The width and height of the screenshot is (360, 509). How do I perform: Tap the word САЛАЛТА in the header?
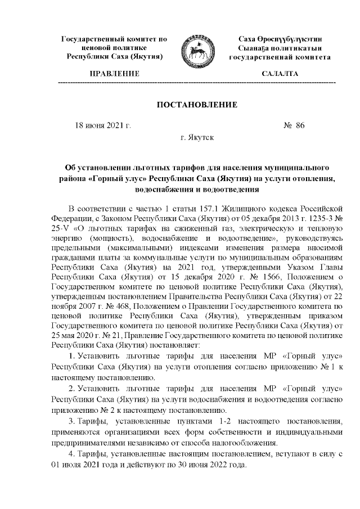tap(280, 74)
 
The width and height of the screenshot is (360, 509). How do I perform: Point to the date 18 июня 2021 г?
tap(103, 125)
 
